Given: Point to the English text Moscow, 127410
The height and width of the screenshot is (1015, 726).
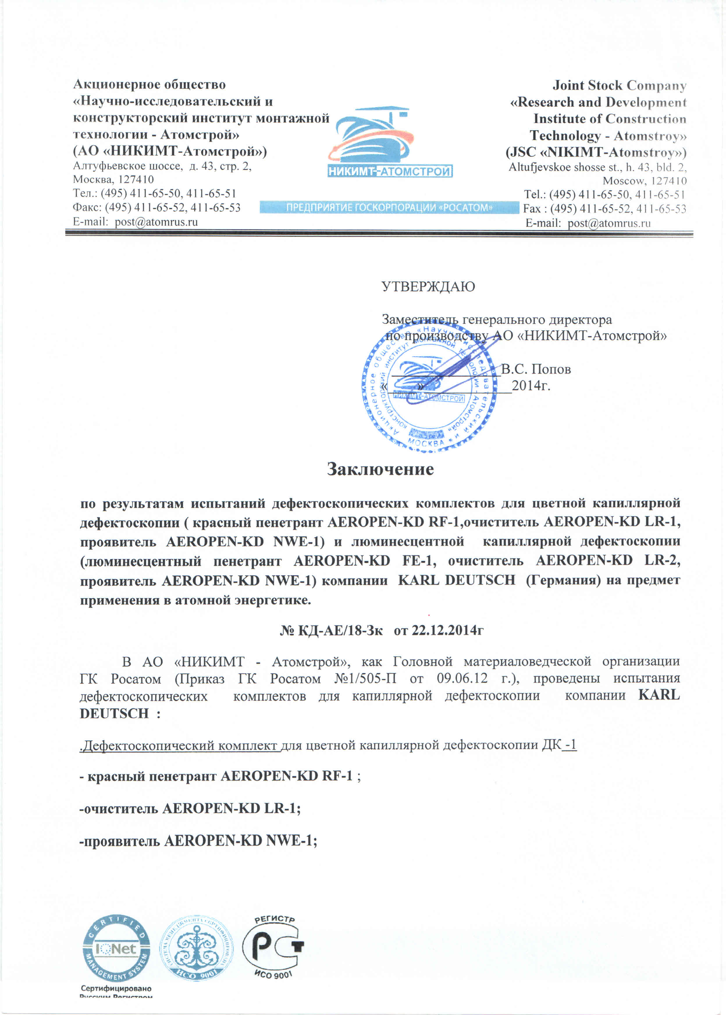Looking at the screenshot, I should [644, 181].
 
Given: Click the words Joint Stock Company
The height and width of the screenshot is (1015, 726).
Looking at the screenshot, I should [619, 85].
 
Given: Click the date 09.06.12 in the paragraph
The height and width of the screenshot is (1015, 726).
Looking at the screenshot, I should [462, 678].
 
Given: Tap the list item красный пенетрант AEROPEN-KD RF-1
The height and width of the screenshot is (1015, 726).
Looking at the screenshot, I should [220, 776].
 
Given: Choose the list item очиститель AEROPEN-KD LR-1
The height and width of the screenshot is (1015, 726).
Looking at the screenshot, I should [190, 808].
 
